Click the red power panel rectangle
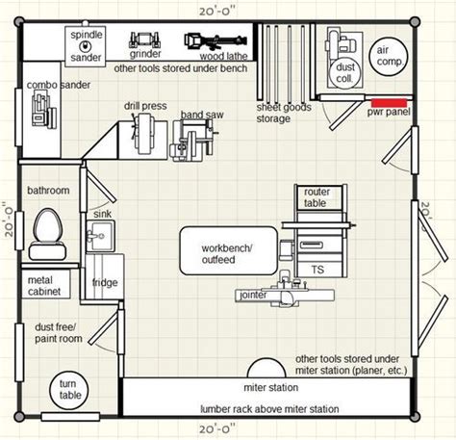click(x=389, y=103)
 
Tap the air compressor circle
click(x=389, y=57)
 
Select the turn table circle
click(x=69, y=390)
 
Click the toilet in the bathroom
click(x=48, y=234)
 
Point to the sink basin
click(x=100, y=236)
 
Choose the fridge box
click(x=105, y=276)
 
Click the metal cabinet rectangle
click(x=46, y=284)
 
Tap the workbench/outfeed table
click(x=228, y=250)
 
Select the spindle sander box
click(x=86, y=46)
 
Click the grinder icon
click(x=144, y=40)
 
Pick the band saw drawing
click(x=194, y=141)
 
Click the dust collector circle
click(x=345, y=73)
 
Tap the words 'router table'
click(x=316, y=197)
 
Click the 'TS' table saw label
click(x=317, y=270)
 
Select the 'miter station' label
click(x=271, y=388)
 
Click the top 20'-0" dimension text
click(x=217, y=12)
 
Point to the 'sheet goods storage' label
click(x=284, y=113)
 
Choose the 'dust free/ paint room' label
click(x=59, y=333)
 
